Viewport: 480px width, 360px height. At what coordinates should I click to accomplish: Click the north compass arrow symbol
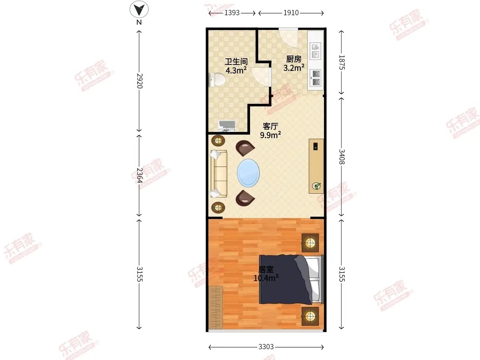(139, 9)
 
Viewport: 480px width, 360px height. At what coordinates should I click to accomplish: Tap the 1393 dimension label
(232, 13)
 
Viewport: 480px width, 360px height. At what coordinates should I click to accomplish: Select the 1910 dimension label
(291, 13)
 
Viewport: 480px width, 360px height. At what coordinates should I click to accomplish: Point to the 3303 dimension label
(266, 347)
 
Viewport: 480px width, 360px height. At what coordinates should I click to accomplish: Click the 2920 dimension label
(140, 81)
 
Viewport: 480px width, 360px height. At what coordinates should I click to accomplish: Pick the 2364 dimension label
(140, 175)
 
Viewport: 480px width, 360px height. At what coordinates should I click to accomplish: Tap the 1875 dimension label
(342, 62)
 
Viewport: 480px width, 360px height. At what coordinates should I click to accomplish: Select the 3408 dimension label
(342, 157)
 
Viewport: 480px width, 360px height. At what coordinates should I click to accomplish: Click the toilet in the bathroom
(217, 80)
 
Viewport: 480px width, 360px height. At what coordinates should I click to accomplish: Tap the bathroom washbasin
(227, 126)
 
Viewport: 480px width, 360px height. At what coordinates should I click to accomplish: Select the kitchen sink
(316, 51)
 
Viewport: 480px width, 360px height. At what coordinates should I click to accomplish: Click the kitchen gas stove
(316, 78)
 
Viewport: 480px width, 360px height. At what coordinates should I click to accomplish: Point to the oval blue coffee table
(248, 173)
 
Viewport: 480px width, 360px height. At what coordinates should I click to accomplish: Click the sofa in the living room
(219, 174)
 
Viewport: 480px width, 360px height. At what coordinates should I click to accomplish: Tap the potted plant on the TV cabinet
(316, 186)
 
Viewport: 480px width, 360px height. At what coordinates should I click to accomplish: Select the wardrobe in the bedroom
(216, 307)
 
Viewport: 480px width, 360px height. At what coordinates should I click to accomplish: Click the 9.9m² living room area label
(270, 135)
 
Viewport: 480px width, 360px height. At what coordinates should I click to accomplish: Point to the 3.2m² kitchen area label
(294, 68)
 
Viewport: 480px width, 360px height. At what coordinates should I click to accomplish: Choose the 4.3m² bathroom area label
(236, 70)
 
